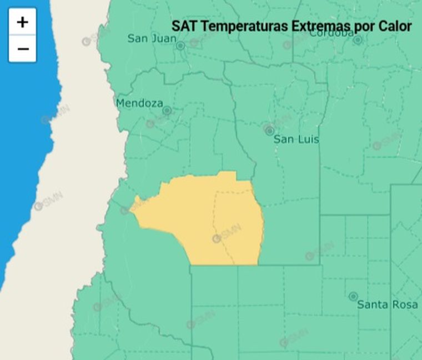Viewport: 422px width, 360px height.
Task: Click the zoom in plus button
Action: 22,22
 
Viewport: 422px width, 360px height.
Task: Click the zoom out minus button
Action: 22,49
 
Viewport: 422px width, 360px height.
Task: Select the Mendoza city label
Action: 139,103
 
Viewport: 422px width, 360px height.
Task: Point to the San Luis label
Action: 297,139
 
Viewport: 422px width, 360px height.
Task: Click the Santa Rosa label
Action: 388,304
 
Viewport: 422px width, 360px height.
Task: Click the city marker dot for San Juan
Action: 180,46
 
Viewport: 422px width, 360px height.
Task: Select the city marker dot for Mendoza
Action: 167,111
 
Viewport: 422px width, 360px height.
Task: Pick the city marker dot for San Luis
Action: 270,131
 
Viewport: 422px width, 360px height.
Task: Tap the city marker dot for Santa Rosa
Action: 353,297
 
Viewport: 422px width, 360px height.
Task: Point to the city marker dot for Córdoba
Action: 358,40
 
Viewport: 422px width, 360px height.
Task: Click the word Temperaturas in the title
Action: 250,26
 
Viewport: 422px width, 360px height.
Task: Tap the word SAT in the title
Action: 183,26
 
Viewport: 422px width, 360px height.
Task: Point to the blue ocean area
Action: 22,139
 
